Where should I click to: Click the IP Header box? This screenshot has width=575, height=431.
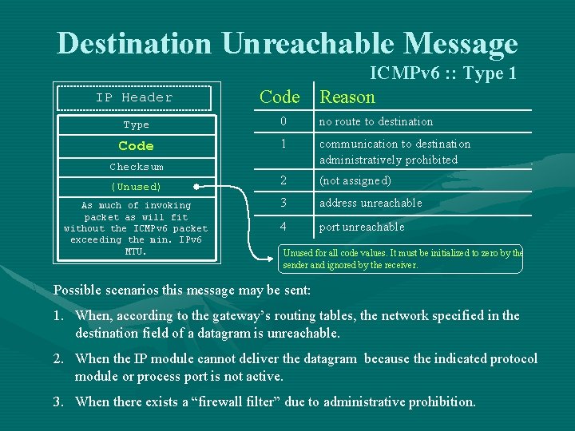coord(134,97)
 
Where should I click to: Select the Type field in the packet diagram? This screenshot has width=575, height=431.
coord(136,125)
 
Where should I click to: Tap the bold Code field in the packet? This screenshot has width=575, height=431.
coord(136,146)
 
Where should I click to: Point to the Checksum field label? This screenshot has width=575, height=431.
coord(136,167)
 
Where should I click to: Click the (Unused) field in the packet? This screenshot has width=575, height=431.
coord(136,187)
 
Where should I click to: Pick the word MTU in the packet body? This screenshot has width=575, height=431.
coord(136,251)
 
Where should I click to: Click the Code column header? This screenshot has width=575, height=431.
coord(280,97)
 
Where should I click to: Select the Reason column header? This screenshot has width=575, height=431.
coord(347,97)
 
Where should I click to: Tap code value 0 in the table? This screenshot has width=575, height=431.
coord(282,121)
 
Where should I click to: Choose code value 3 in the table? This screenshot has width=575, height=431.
coord(282,203)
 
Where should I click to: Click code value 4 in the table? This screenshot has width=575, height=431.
coord(282,226)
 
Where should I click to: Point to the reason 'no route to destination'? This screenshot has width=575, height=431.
coord(376,121)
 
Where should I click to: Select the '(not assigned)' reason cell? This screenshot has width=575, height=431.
coord(355,180)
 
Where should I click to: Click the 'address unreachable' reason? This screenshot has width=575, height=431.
coord(371,203)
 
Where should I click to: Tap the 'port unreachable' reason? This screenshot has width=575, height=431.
coord(362,227)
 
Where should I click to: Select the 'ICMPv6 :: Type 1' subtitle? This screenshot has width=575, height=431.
coord(443,73)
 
